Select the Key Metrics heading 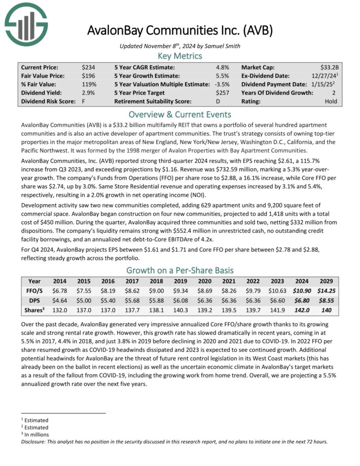tap(179, 56)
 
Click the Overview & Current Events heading tap(179, 114)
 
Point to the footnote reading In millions tap(37, 435)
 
